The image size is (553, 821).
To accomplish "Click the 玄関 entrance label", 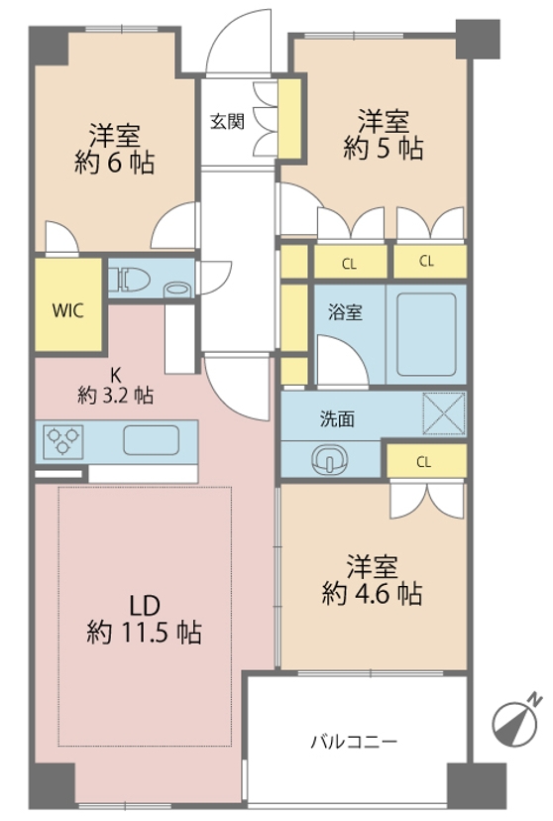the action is [x=228, y=122].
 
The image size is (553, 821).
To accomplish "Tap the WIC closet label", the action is [x=67, y=310].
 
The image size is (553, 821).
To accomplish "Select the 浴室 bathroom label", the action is [x=345, y=312].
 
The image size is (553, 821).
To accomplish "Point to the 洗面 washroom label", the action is [x=338, y=418].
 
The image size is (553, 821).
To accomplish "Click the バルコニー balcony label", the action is [x=354, y=742].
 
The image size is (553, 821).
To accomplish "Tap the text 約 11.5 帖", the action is [x=145, y=633].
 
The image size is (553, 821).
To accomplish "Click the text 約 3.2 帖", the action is [x=116, y=396].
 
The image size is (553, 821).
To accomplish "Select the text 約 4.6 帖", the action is [x=372, y=594].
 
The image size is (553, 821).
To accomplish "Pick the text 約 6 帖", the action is [x=115, y=163].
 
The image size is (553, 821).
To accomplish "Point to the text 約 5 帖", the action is [x=384, y=149].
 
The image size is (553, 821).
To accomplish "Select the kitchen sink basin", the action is [x=152, y=440].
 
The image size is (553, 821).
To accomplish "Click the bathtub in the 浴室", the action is [x=426, y=334].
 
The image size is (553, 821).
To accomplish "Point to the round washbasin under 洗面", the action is [x=329, y=460].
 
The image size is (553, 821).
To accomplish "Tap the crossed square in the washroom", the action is [x=444, y=413].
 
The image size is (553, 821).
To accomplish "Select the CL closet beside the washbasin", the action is [x=426, y=461].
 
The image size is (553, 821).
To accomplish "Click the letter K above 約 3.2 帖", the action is [x=115, y=375].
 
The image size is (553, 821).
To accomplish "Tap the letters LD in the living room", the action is [x=145, y=606].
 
